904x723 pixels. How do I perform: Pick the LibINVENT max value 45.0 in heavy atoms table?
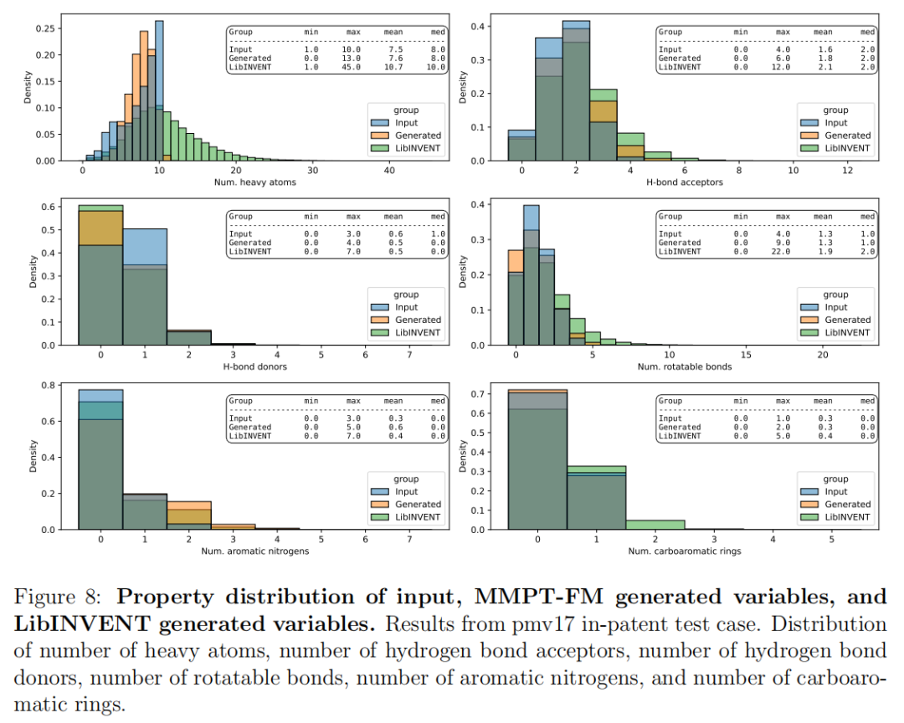(x=352, y=67)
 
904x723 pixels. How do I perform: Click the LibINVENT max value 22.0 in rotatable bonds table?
(x=783, y=252)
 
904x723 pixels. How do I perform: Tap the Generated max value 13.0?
(x=352, y=59)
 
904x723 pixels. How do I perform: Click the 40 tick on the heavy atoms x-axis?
(x=389, y=171)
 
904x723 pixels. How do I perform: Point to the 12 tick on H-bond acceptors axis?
(x=847, y=171)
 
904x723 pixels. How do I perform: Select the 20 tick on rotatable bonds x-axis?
(x=823, y=355)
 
